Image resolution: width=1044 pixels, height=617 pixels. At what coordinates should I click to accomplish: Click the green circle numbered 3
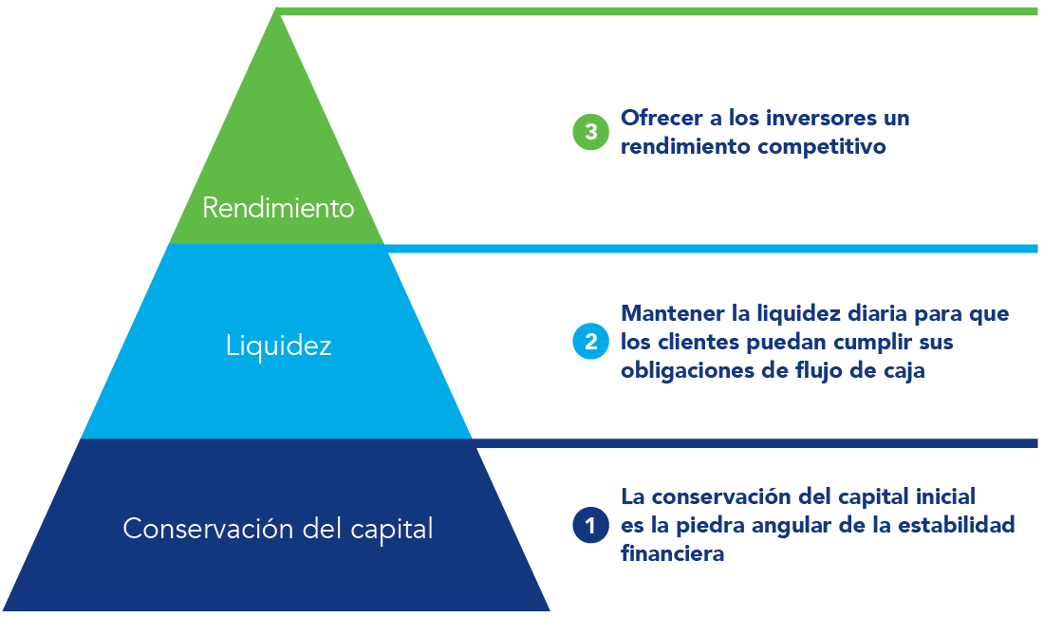[x=590, y=131]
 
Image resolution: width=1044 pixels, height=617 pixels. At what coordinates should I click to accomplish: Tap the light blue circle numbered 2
[x=590, y=341]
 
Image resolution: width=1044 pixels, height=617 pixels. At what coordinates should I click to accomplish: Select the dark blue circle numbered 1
[x=590, y=525]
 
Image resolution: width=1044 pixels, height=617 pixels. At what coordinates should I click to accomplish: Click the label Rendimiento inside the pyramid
[x=278, y=208]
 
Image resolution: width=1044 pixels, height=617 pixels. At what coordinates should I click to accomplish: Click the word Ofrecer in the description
[x=662, y=118]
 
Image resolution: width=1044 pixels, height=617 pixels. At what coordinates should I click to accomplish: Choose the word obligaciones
[x=687, y=370]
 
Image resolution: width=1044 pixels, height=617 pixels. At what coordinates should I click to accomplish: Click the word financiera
[x=673, y=553]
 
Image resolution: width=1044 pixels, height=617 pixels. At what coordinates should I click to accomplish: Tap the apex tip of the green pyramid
[x=276, y=9]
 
